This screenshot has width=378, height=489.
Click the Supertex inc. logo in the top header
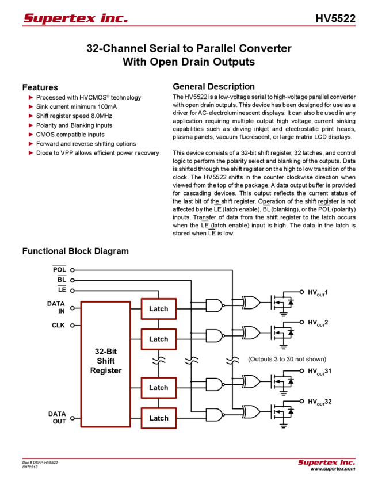click(x=75, y=18)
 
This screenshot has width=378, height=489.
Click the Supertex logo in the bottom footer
click(x=326, y=462)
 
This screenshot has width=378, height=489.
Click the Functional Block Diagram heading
click(x=77, y=251)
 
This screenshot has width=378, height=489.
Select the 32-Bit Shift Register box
click(x=106, y=363)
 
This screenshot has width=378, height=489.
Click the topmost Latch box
click(x=158, y=309)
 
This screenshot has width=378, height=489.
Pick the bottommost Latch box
click(x=158, y=418)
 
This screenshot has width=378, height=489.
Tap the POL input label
click(x=59, y=269)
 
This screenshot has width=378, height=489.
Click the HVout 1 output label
click(x=318, y=292)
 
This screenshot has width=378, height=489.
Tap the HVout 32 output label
click(x=319, y=402)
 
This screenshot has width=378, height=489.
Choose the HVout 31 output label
click(x=319, y=372)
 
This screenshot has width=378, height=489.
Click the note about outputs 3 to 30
click(x=281, y=359)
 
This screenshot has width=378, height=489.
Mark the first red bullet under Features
click(x=30, y=98)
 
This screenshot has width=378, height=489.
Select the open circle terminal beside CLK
click(x=72, y=325)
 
